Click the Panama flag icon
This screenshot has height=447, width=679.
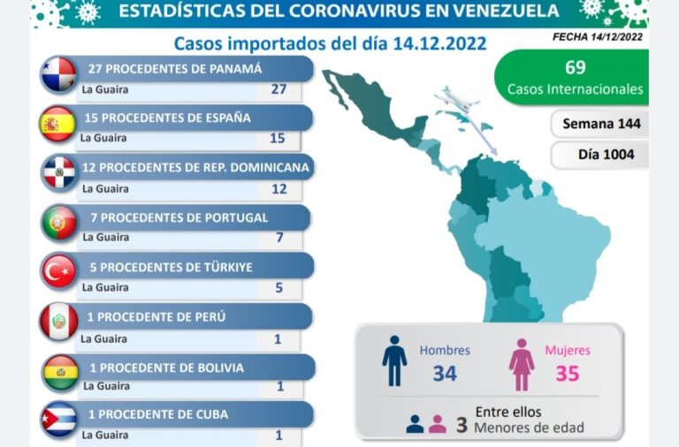point(59,75)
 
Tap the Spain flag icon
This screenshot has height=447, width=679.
point(59,124)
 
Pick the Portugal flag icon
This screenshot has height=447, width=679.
point(59,223)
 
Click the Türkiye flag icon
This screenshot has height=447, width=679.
point(59,272)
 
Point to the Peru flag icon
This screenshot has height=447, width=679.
point(59,322)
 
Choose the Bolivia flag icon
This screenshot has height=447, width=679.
point(59,372)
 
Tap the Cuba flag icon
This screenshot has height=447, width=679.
point(59,420)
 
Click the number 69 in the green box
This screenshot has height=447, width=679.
point(575,67)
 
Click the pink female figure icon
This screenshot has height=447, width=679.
point(521,364)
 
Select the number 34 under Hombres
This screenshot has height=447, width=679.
point(445,374)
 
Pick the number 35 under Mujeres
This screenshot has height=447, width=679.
point(567,374)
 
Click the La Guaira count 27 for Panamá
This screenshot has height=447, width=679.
point(278,89)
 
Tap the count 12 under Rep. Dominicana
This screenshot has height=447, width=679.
point(278,189)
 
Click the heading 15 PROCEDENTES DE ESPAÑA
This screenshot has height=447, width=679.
point(168,117)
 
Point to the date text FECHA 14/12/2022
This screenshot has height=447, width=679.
point(597,37)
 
